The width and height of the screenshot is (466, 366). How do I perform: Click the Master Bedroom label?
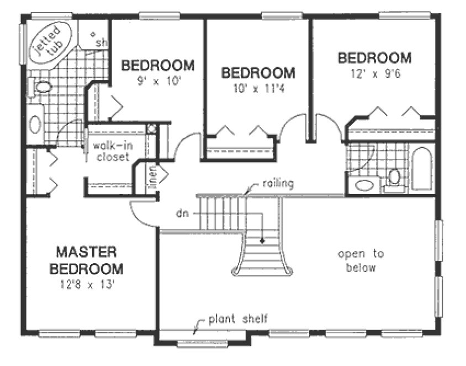86,261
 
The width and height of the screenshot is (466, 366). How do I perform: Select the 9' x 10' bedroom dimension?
158,80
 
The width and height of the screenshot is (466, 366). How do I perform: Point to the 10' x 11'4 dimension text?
257,87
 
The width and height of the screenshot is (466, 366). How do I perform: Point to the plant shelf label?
239,319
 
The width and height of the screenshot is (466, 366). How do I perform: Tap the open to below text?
361,261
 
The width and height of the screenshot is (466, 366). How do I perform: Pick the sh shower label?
102,42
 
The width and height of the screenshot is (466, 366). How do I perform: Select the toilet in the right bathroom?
394,177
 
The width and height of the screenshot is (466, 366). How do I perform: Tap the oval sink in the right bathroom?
364,185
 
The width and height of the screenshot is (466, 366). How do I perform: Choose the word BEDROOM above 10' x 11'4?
258,72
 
